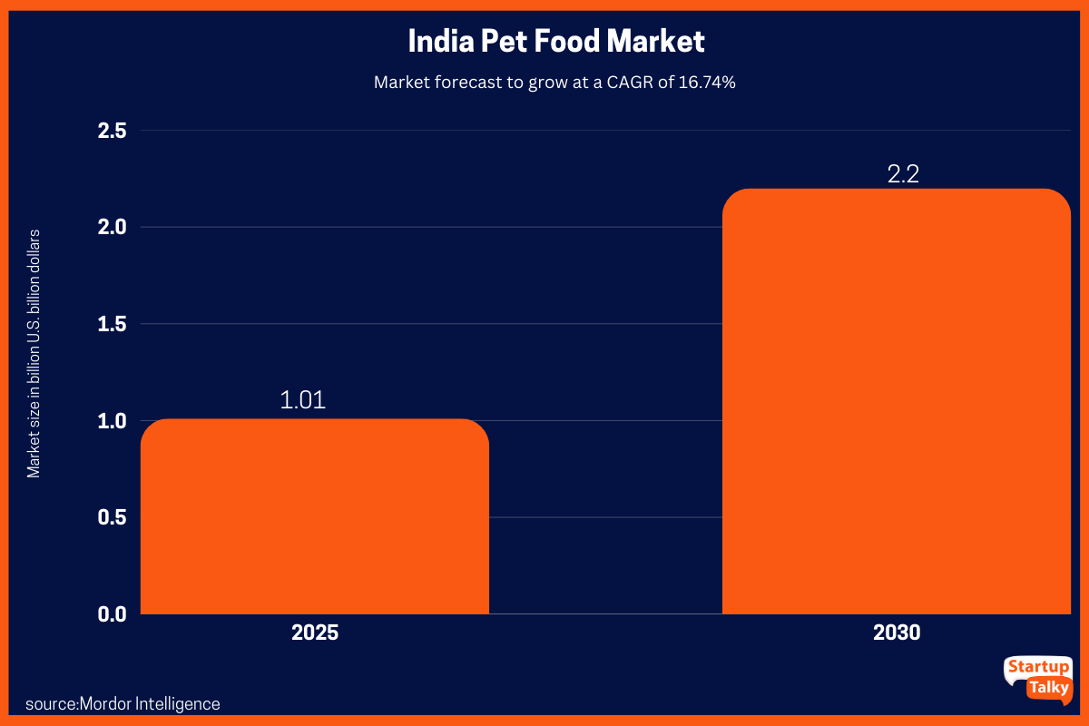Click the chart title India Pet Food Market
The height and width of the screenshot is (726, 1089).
pyautogui.click(x=555, y=42)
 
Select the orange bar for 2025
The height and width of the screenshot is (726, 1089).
pyautogui.click(x=315, y=516)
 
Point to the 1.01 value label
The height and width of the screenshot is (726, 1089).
pyautogui.click(x=302, y=400)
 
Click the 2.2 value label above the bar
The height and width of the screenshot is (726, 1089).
pyautogui.click(x=903, y=173)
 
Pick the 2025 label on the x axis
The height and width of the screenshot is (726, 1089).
pyautogui.click(x=315, y=633)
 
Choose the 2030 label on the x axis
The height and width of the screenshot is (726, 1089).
pyautogui.click(x=897, y=633)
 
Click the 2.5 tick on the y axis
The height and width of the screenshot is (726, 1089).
pyautogui.click(x=113, y=131)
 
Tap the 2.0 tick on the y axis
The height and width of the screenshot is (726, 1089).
pyautogui.click(x=113, y=227)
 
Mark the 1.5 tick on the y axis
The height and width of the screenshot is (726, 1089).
pyautogui.click(x=113, y=324)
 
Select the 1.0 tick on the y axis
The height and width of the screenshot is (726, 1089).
pyautogui.click(x=113, y=420)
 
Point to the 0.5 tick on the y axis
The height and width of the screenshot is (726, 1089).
pyautogui.click(x=113, y=517)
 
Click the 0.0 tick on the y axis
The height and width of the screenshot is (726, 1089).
pyautogui.click(x=113, y=614)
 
